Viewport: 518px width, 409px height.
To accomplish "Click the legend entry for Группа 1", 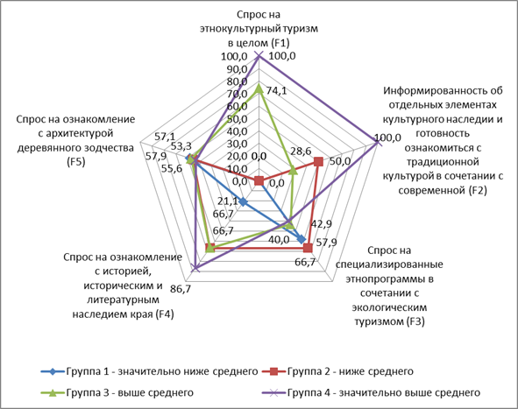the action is [149, 371].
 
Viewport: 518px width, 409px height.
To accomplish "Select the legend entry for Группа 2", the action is [337, 371].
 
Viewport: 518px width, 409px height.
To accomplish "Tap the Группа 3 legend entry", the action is [117, 392].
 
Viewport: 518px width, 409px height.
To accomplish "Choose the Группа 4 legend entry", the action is [371, 392].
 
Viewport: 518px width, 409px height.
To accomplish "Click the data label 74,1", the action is [277, 90].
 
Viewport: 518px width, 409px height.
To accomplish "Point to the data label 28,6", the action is [301, 151].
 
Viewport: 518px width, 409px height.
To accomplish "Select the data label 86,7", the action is [181, 289].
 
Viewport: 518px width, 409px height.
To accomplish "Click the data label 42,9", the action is [322, 223].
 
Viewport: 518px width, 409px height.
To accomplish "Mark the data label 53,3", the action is [181, 145].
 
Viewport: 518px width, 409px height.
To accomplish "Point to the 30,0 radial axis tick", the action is [237, 144].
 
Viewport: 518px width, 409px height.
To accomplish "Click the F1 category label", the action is [259, 29].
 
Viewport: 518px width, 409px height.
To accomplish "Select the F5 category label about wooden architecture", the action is [75, 140].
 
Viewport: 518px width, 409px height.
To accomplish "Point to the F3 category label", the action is [389, 286].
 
